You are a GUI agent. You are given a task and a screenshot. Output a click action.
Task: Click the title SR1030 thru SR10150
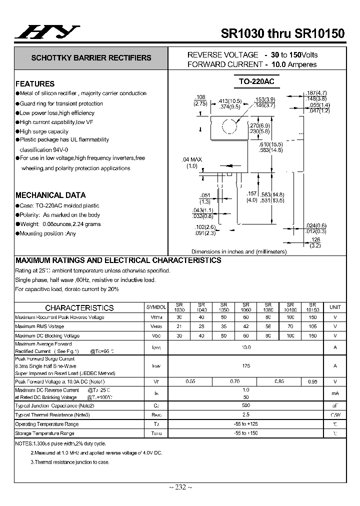tap(282, 33)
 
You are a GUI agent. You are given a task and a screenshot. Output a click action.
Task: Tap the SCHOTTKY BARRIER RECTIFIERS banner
tap(91, 58)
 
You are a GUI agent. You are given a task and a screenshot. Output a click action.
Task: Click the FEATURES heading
tap(35, 84)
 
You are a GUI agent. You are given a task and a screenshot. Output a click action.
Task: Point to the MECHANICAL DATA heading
tap(50, 195)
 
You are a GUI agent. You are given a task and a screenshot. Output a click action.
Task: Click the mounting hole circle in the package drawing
tap(229, 126)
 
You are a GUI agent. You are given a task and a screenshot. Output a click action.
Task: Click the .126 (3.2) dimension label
tap(314, 242)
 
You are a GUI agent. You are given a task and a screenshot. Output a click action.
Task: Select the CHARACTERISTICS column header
tap(79, 308)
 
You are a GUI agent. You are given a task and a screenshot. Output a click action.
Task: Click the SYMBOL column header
tap(156, 307)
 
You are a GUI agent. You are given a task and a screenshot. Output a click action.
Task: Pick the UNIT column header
tap(335, 307)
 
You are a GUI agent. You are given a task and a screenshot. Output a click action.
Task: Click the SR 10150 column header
tap(312, 307)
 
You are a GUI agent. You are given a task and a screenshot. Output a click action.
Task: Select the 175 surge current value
tap(245, 366)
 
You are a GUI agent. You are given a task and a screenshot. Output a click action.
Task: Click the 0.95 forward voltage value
tap(312, 381)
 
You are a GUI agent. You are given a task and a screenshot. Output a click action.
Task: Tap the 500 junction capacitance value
tap(245, 405)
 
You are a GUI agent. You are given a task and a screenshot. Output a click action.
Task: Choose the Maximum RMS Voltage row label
tap(39, 326)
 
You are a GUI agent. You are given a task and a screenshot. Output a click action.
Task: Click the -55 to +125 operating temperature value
tap(245, 424)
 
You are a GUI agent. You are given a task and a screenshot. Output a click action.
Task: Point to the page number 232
tap(180, 487)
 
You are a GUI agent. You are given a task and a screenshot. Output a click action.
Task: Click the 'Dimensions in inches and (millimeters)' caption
tap(239, 251)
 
